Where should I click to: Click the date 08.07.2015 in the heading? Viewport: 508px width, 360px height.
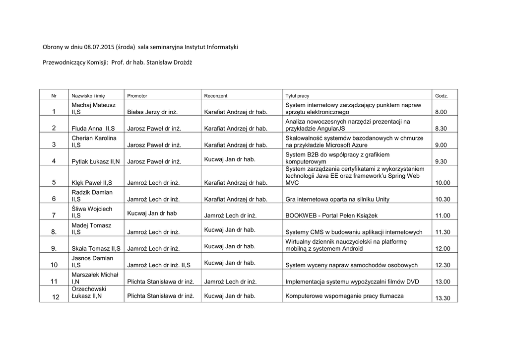click(x=99, y=47)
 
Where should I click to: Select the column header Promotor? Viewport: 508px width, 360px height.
click(x=137, y=95)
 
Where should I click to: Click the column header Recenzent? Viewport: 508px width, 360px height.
click(x=215, y=95)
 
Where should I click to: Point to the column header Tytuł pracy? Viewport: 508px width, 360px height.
click(x=297, y=95)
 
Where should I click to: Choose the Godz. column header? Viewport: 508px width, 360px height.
click(x=442, y=95)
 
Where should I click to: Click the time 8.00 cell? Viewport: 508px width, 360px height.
click(x=441, y=112)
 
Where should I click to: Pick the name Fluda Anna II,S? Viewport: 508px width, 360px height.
click(x=93, y=129)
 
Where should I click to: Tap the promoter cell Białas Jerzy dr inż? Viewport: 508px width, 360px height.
click(x=152, y=112)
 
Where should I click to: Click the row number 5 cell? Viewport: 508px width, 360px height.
click(x=54, y=182)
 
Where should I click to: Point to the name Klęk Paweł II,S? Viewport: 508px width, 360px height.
click(x=92, y=183)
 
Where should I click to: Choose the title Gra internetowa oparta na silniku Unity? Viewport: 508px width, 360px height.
click(x=337, y=199)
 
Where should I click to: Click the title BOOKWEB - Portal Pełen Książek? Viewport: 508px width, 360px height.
click(x=331, y=216)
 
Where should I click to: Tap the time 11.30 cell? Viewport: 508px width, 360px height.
click(x=443, y=232)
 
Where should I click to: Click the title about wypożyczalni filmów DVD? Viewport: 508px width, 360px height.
click(x=352, y=282)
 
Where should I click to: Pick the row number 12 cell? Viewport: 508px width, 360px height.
click(x=56, y=297)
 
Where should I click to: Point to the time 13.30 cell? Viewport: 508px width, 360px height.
click(x=443, y=298)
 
